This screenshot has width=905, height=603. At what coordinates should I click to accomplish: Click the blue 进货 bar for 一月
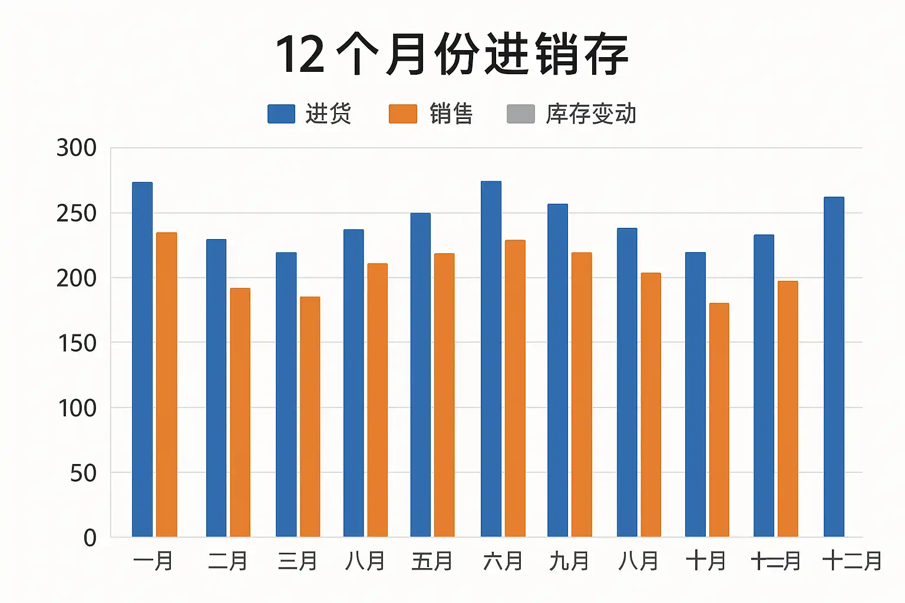click(142, 359)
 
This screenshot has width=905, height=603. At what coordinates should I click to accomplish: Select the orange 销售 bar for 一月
click(166, 385)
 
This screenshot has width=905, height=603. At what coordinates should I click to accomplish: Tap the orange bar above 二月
click(240, 412)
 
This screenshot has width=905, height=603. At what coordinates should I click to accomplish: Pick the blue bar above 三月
click(286, 395)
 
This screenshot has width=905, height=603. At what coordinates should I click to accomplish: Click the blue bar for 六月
click(491, 359)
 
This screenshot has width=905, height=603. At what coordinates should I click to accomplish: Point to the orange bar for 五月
click(444, 395)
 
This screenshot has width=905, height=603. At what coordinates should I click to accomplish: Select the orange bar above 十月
click(719, 420)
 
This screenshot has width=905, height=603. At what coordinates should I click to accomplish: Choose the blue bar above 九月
click(557, 370)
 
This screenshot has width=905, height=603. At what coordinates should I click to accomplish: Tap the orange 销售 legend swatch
click(403, 114)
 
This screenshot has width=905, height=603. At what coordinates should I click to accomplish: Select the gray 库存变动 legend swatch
click(521, 114)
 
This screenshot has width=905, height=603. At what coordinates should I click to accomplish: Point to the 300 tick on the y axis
click(77, 148)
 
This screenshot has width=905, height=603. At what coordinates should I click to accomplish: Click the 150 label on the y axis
click(77, 343)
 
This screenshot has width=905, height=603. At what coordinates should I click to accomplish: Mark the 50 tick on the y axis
click(83, 473)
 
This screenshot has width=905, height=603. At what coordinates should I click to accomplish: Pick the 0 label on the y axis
click(90, 538)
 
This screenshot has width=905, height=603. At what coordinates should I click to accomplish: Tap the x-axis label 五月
click(432, 561)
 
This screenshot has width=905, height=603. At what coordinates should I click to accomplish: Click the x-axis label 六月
click(503, 561)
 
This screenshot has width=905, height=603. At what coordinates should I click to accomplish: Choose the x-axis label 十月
click(705, 561)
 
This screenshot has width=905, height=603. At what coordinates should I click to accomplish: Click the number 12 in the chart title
click(300, 55)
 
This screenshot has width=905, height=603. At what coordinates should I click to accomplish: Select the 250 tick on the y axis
click(77, 213)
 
